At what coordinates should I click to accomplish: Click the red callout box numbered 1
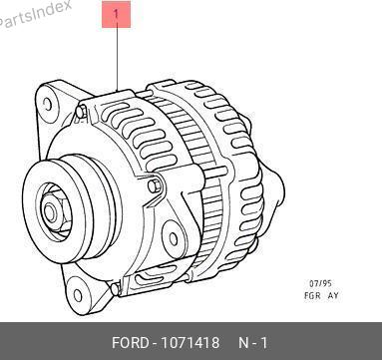click(x=116, y=14)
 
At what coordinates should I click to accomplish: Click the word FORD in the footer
click(x=131, y=343)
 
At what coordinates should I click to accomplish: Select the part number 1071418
click(x=191, y=343)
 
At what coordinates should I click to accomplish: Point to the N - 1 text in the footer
click(x=253, y=343)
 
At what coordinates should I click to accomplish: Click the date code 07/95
click(x=320, y=283)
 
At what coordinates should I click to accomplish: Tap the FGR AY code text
click(x=321, y=295)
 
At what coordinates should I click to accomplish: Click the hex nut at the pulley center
click(x=52, y=212)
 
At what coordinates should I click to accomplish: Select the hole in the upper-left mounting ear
click(x=48, y=104)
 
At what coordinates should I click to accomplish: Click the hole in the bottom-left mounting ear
click(x=78, y=295)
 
